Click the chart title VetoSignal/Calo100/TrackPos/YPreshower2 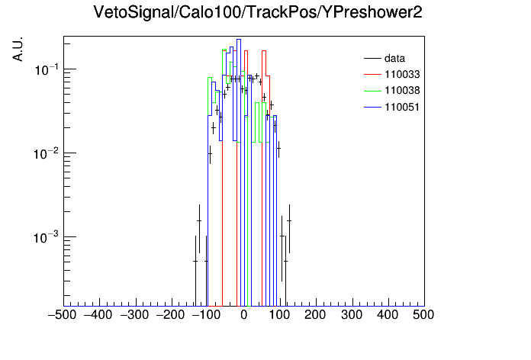tap(258, 12)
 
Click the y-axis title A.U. tap(18, 49)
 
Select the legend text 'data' tap(394, 58)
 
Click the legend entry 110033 tap(402, 74)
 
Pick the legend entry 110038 tap(402, 91)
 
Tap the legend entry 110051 tap(402, 107)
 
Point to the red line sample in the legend tap(372, 75)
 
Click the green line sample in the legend tap(372, 91)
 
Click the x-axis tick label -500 tap(62, 315)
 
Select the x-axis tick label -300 tap(134, 315)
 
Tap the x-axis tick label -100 tap(206, 315)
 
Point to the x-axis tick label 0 tap(244, 315)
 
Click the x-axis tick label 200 tap(315, 315)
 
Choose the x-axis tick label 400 tap(388, 315)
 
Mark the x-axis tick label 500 tap(423, 315)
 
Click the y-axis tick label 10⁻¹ tap(47, 69)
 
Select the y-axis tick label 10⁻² tap(47, 153)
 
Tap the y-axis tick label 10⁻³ tap(47, 237)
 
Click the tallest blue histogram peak tap(239, 40)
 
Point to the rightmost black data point tap(289, 221)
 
